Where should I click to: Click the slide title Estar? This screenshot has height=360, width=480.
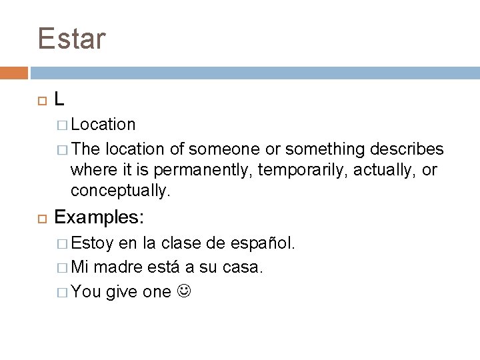(72, 39)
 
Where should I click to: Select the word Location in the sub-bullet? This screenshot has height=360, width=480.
(103, 125)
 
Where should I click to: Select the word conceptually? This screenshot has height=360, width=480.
(121, 191)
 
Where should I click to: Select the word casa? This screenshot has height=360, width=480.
(245, 267)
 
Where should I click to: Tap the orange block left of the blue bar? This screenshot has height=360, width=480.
(13, 72)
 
